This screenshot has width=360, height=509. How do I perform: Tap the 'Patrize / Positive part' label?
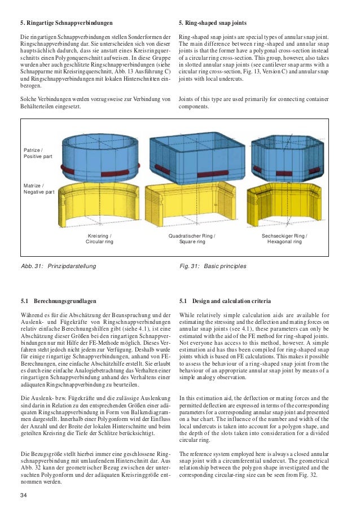pos(37,152)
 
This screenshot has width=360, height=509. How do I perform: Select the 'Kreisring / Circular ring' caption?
pos(99,238)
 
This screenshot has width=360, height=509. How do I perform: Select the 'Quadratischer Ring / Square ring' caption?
pos(192,238)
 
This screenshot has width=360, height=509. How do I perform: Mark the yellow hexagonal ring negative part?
pos(286,206)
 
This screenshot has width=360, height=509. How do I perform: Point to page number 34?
pos(23,495)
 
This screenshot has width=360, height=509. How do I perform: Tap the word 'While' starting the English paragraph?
pos(187,314)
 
